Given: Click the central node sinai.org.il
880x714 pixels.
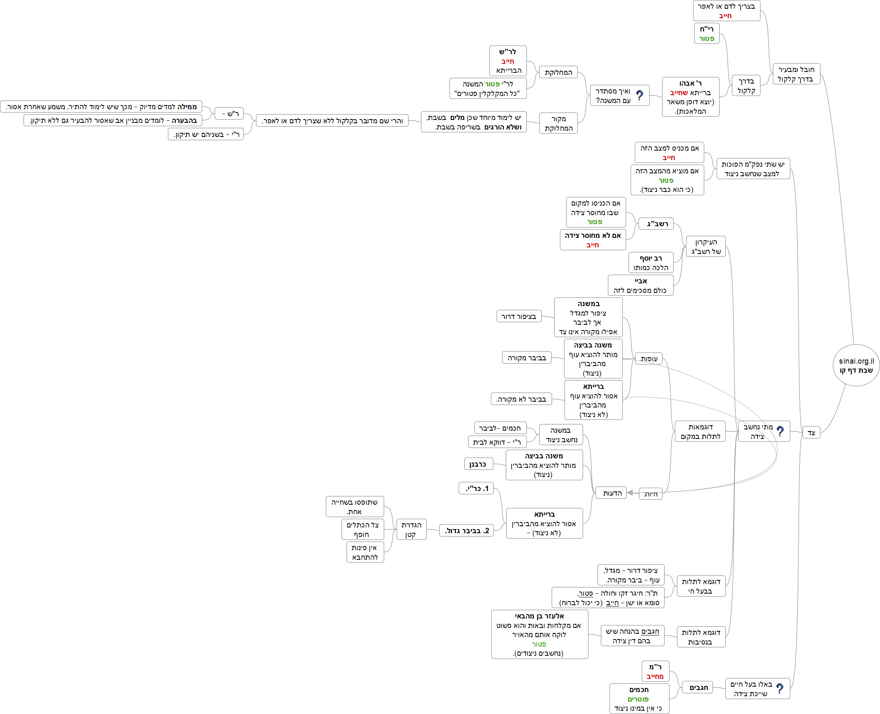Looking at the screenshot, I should tap(856, 366).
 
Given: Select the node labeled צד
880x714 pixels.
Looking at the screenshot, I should tap(811, 433).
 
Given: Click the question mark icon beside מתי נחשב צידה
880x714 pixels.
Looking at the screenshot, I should tap(780, 431).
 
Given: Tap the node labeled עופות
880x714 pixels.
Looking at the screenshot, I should tap(649, 359).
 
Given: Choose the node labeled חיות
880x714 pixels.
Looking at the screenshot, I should tap(650, 494).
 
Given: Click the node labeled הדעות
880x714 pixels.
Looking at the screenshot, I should tap(612, 493).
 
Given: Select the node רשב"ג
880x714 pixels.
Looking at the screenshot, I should tap(657, 224).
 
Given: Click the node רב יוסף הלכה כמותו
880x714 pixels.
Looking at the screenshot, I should tap(651, 263).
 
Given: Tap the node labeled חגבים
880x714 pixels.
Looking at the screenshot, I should tap(698, 688).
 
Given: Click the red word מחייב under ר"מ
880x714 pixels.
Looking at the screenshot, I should tap(655, 677).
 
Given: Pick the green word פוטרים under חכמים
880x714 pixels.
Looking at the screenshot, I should tap(638, 699).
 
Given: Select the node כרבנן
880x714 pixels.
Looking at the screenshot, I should tap(478, 464).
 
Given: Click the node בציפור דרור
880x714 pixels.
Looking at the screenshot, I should tap(519, 316).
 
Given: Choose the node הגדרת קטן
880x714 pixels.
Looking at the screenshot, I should tap(411, 530).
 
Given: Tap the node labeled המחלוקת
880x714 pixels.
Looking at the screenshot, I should tap(558, 72).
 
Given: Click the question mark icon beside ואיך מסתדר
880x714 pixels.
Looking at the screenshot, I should tap(640, 96).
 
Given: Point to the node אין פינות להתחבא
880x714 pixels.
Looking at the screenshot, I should tap(365, 552).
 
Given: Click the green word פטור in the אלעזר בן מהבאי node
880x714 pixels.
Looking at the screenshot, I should tap(539, 644).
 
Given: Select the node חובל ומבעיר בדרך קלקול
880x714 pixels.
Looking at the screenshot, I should tap(796, 74).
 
